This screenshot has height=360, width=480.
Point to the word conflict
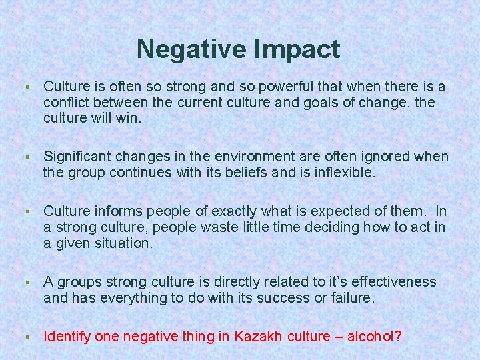[65, 103]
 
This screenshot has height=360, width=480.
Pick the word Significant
[78, 157]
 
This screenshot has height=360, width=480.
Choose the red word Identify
[67, 337]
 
